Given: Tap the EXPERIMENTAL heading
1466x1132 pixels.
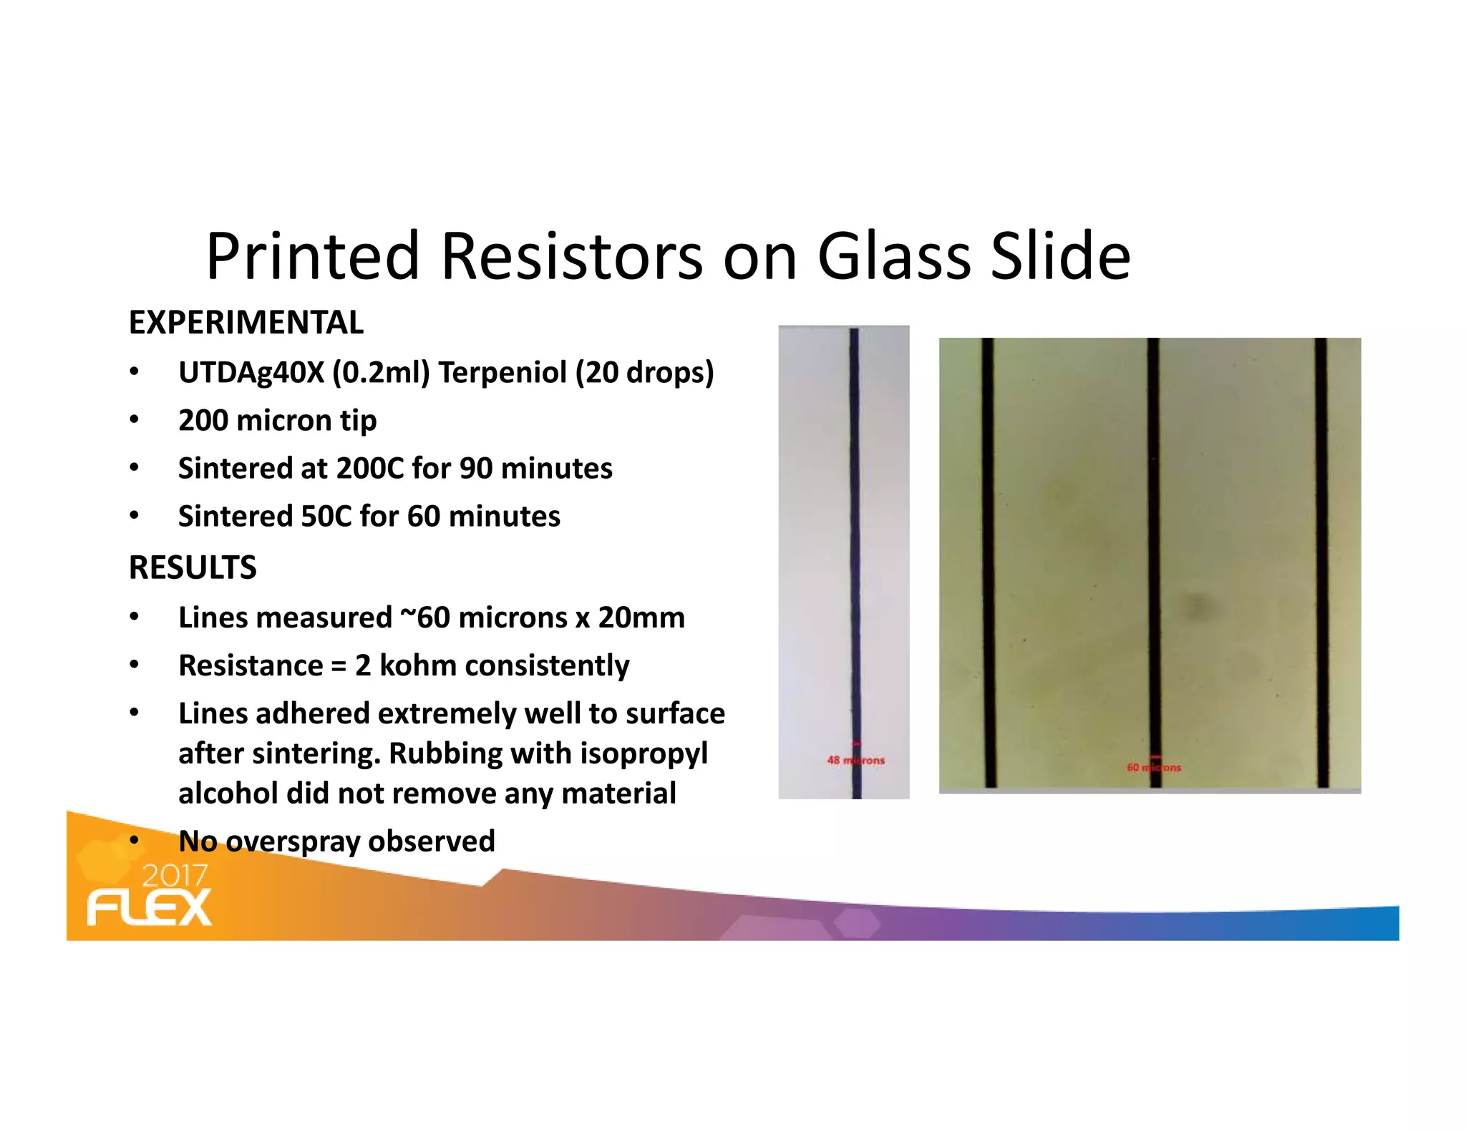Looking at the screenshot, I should click(246, 323).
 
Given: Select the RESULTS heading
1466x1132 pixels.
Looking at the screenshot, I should click(193, 568).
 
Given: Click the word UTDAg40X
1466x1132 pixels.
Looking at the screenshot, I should click(251, 373).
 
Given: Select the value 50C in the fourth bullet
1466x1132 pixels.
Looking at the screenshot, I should click(326, 517).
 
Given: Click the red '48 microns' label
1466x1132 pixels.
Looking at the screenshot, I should click(855, 761).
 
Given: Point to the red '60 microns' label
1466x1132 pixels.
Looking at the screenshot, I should click(1154, 768).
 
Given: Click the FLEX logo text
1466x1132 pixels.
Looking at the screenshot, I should click(150, 908).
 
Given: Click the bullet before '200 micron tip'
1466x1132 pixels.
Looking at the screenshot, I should click(134, 420).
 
